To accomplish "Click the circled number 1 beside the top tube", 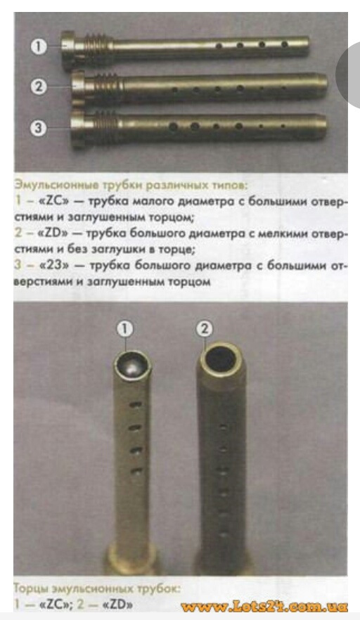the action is (x=39, y=47).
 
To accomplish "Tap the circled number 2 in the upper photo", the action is (x=39, y=86).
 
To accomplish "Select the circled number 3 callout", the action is (x=39, y=128).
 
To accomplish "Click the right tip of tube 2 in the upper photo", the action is (x=328, y=82).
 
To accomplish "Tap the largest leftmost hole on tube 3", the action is (x=173, y=127).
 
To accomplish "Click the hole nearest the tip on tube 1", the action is (x=285, y=44).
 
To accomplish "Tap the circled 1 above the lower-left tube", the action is (x=124, y=329).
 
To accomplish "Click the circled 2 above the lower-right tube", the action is (x=205, y=329).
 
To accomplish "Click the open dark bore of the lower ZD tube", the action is (x=221, y=359).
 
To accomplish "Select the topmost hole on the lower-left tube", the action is (x=135, y=404).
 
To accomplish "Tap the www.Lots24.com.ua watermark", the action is (x=264, y=607).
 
